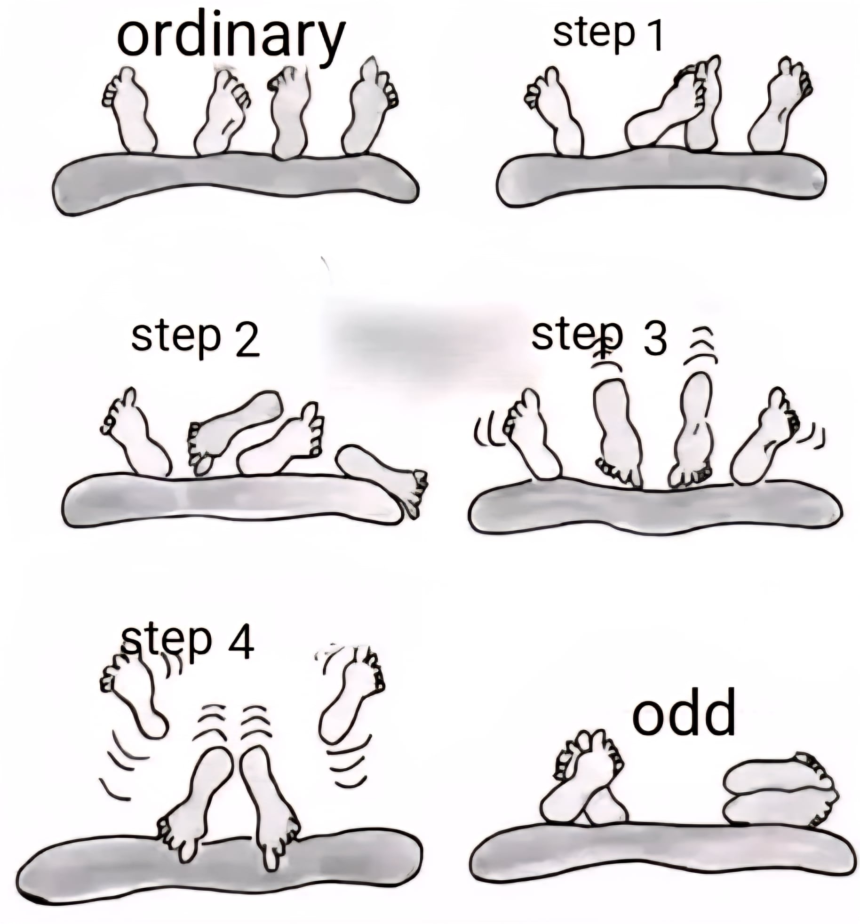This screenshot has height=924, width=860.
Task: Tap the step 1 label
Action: click(607, 34)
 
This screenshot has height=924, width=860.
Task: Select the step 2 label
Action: click(195, 337)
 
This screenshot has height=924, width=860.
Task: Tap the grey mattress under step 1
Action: click(661, 178)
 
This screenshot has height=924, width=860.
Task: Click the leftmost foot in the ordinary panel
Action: click(129, 111)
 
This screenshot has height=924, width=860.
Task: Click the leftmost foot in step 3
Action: click(532, 435)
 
